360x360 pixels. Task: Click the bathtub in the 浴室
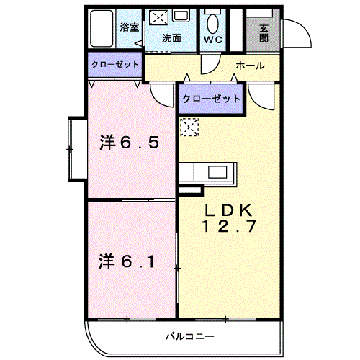point(102,29)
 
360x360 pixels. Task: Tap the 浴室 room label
point(130,27)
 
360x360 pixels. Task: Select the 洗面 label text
point(171,38)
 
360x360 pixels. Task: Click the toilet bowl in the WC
point(213,24)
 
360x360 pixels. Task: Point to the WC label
point(213,40)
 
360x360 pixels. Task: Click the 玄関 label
point(264,33)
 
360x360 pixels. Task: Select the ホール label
point(251,66)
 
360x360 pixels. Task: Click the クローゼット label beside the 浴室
point(115,64)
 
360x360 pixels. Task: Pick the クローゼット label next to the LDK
point(211,99)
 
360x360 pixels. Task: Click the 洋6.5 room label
point(129,143)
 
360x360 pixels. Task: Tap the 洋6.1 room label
point(127,261)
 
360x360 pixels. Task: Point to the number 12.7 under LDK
point(229,226)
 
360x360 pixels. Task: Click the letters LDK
point(228,210)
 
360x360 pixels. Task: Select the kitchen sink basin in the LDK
point(217,172)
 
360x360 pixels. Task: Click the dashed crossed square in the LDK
point(189,127)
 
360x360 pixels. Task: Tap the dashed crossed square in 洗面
point(159,17)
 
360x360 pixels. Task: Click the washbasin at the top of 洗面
point(181,15)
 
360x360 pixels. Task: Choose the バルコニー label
point(190,336)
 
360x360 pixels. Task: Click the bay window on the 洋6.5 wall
point(78,149)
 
